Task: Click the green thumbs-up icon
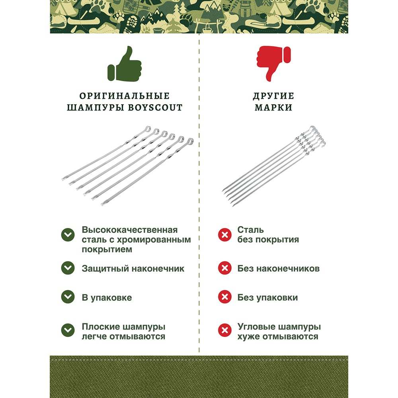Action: (124, 64)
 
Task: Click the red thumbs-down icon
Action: (273, 63)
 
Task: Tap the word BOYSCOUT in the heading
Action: (155, 107)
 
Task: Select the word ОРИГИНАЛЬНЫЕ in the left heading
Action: (124, 96)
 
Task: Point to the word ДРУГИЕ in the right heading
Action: (273, 96)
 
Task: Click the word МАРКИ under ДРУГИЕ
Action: (273, 107)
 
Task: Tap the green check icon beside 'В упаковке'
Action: (68, 297)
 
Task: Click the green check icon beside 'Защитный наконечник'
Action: (68, 268)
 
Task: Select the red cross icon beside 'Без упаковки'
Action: (224, 297)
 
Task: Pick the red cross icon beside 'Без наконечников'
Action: (224, 268)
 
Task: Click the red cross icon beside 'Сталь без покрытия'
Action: (224, 235)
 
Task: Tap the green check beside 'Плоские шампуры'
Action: (68, 330)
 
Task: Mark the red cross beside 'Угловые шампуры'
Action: (224, 330)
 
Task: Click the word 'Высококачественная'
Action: (129, 230)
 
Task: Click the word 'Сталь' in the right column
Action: (250, 230)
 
